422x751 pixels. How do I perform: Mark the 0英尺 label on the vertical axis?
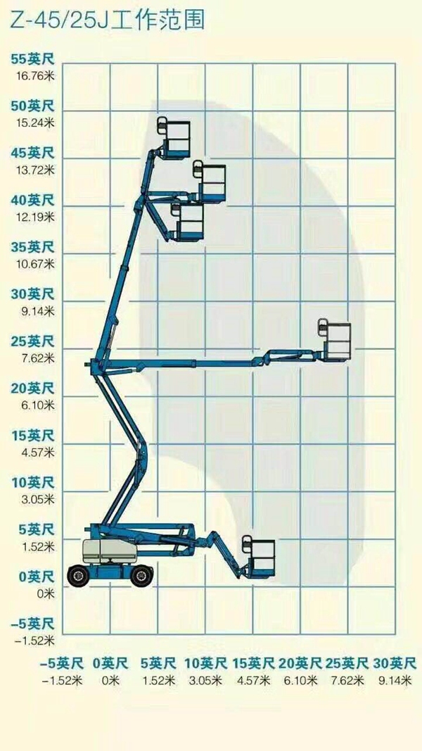(35, 577)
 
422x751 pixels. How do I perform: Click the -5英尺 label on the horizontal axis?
(61, 663)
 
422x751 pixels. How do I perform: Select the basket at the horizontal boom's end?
(336, 341)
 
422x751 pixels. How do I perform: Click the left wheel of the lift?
(78, 575)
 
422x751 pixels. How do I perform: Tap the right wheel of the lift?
(141, 575)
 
